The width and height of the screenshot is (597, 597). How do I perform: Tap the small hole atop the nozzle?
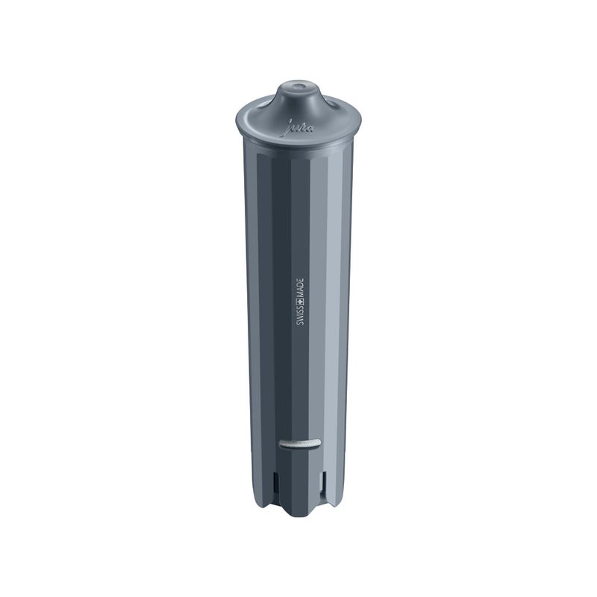click(298, 87)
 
